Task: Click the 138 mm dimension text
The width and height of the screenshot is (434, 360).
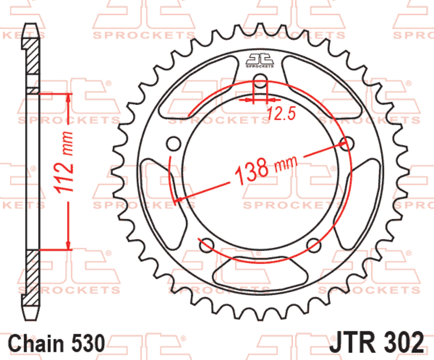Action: (266, 169)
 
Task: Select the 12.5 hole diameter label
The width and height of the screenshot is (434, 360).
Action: (282, 113)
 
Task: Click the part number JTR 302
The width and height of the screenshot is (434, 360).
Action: (376, 343)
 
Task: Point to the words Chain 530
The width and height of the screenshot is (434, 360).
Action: (57, 343)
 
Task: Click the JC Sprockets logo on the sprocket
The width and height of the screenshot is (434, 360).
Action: (260, 60)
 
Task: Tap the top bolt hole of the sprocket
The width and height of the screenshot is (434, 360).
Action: (260, 81)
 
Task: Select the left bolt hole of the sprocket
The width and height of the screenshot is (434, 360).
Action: (174, 144)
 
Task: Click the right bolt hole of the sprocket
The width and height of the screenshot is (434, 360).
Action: (347, 144)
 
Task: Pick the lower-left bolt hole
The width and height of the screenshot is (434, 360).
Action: (207, 245)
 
